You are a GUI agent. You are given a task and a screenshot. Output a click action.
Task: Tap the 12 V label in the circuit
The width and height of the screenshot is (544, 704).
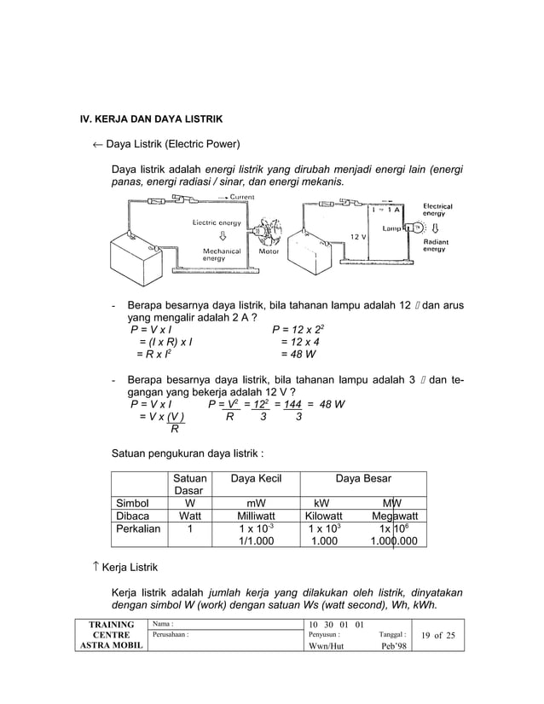358,235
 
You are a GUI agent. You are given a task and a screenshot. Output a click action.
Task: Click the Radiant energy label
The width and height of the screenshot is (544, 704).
437,246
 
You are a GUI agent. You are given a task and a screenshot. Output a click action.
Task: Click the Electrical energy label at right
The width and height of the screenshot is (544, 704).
438,210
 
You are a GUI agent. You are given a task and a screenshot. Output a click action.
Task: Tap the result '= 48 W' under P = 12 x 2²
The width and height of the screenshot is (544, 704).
298,354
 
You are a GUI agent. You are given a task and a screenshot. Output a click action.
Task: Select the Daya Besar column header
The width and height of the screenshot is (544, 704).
364,479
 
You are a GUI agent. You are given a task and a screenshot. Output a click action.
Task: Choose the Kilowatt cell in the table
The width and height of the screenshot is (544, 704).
323,516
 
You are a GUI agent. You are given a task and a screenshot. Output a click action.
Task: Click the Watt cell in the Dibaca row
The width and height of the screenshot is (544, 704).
189,516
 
